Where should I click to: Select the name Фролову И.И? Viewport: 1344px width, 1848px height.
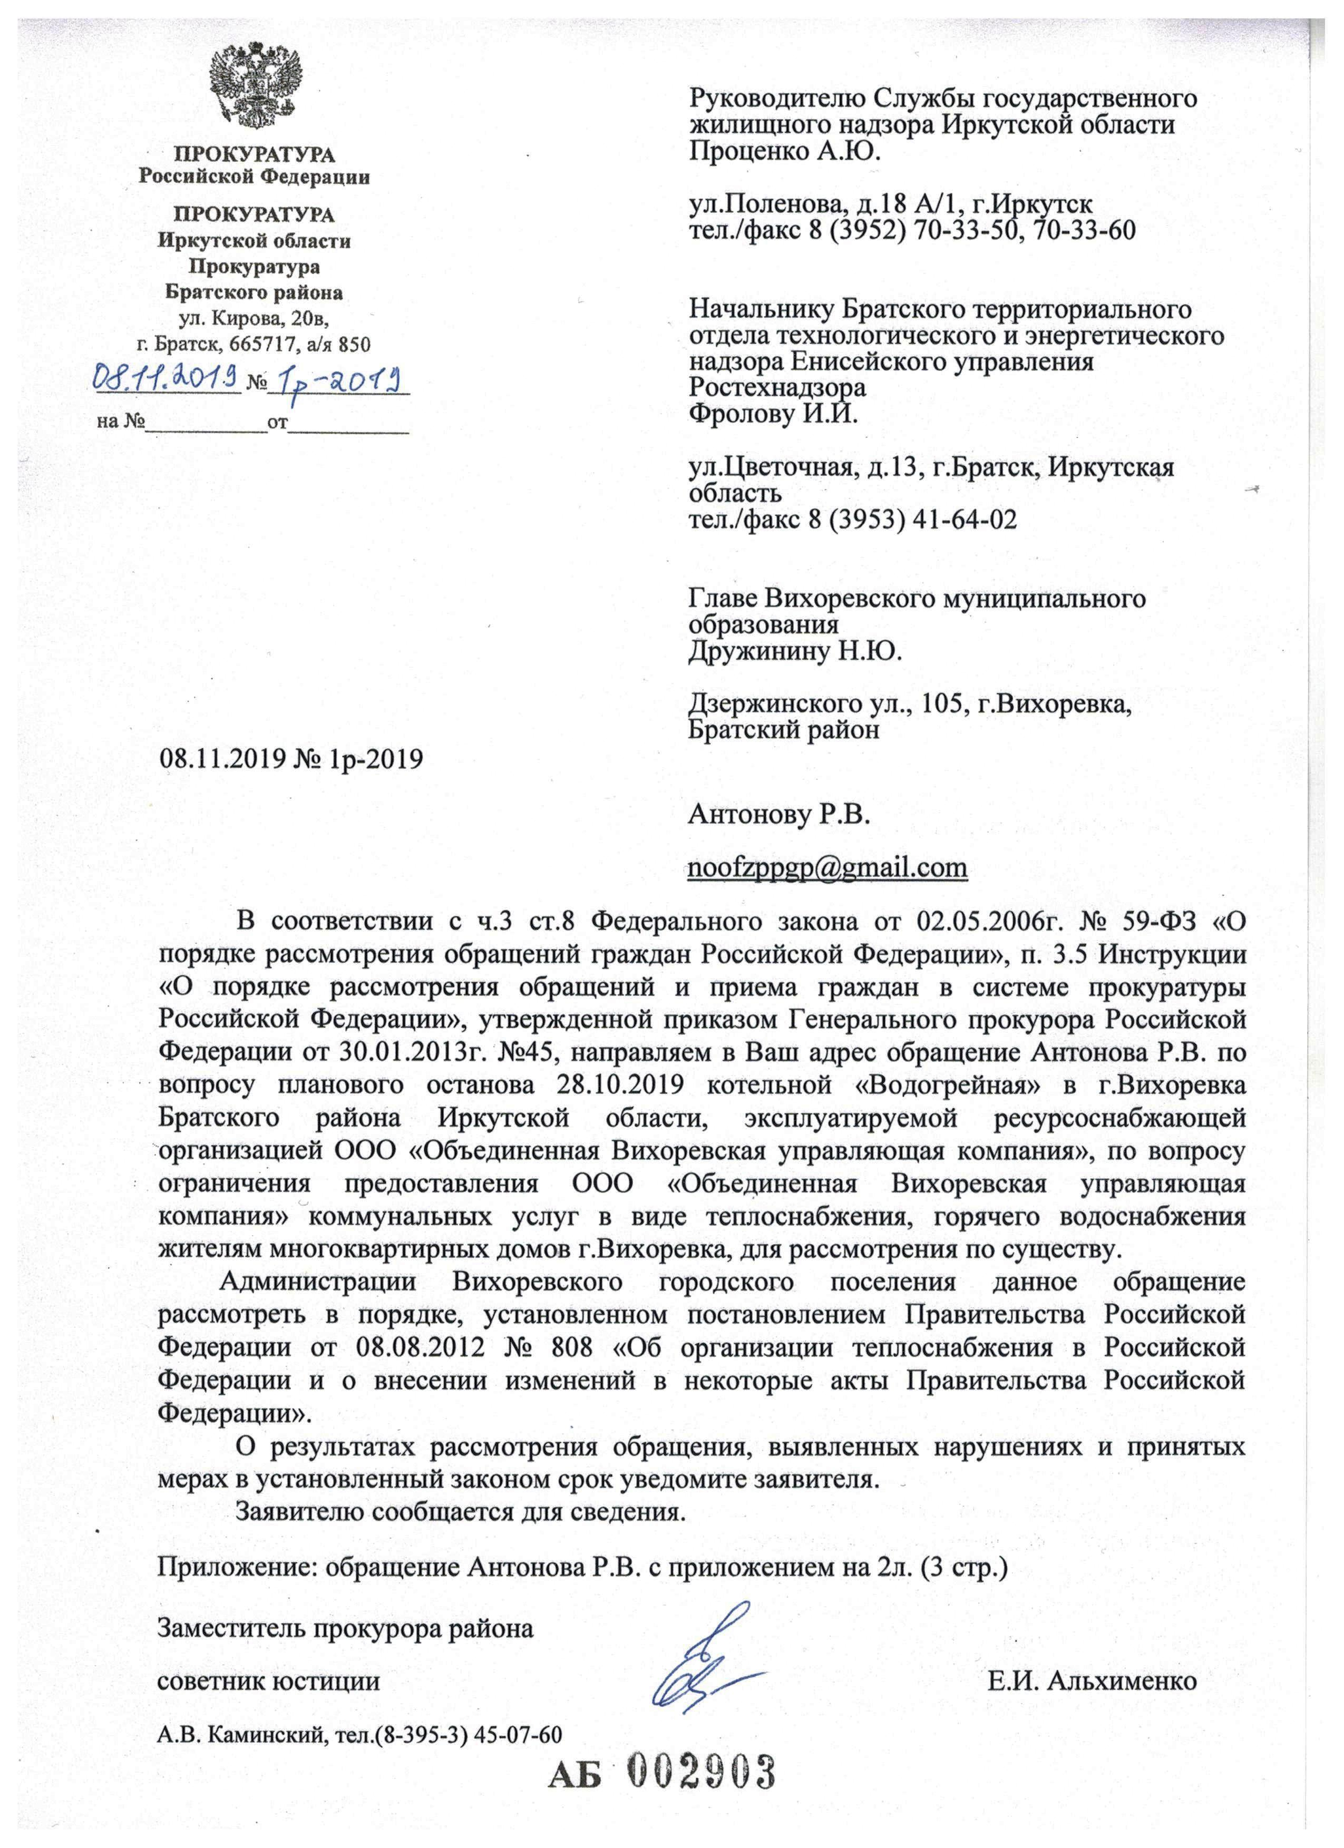click(774, 414)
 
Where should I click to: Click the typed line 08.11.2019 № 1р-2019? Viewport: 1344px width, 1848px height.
click(291, 759)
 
